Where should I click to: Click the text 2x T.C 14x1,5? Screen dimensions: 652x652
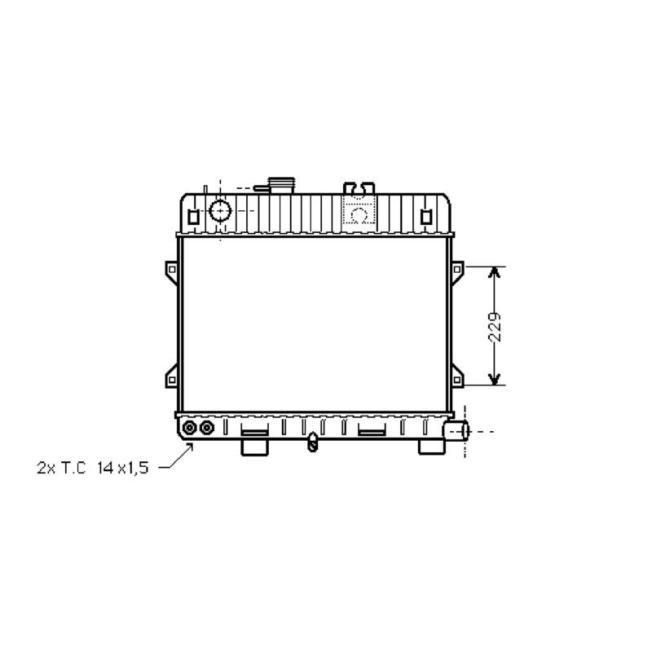tap(92, 468)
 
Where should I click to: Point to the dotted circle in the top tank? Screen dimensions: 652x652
tap(359, 214)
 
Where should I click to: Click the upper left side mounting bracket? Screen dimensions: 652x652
tap(171, 271)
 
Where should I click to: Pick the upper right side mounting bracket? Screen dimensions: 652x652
tap(456, 271)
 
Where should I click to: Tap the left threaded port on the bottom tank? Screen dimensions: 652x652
tap(190, 428)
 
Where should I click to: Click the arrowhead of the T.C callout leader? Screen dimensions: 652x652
tap(191, 445)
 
